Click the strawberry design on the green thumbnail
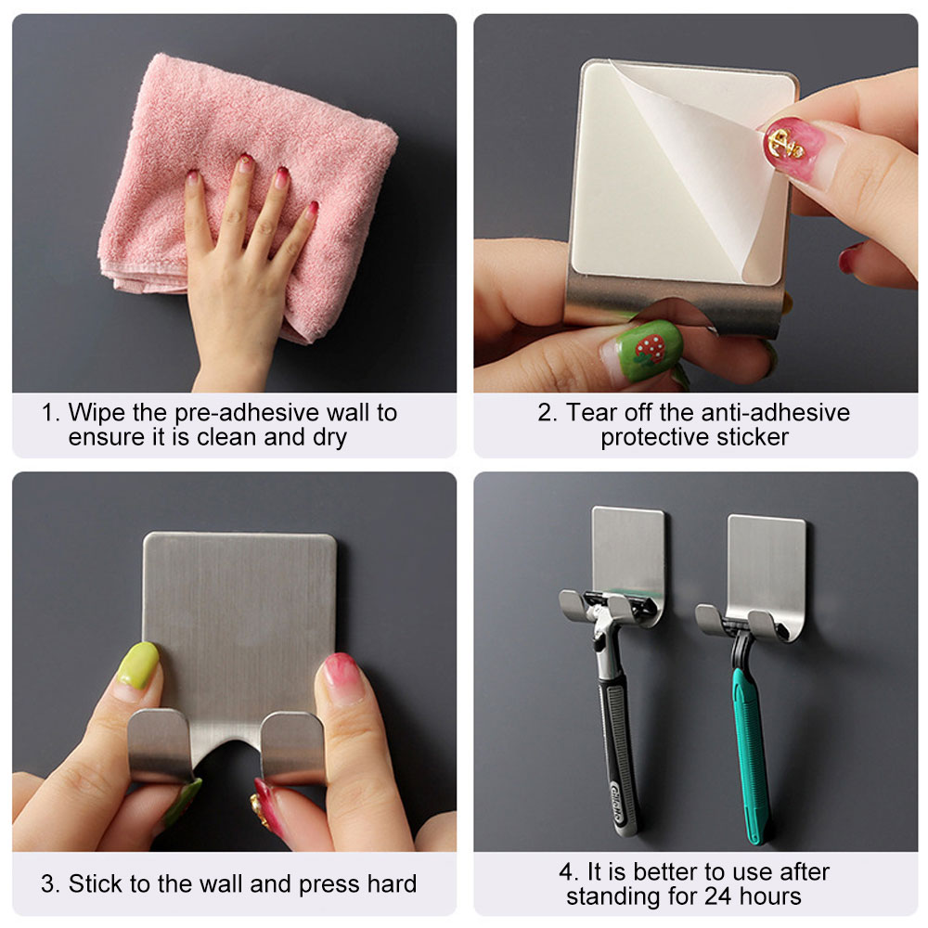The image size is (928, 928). [651, 349]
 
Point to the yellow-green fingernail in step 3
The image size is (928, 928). [138, 665]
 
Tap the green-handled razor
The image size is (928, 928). [748, 734]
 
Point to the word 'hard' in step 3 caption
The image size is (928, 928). [392, 883]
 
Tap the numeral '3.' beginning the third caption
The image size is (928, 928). [50, 883]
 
